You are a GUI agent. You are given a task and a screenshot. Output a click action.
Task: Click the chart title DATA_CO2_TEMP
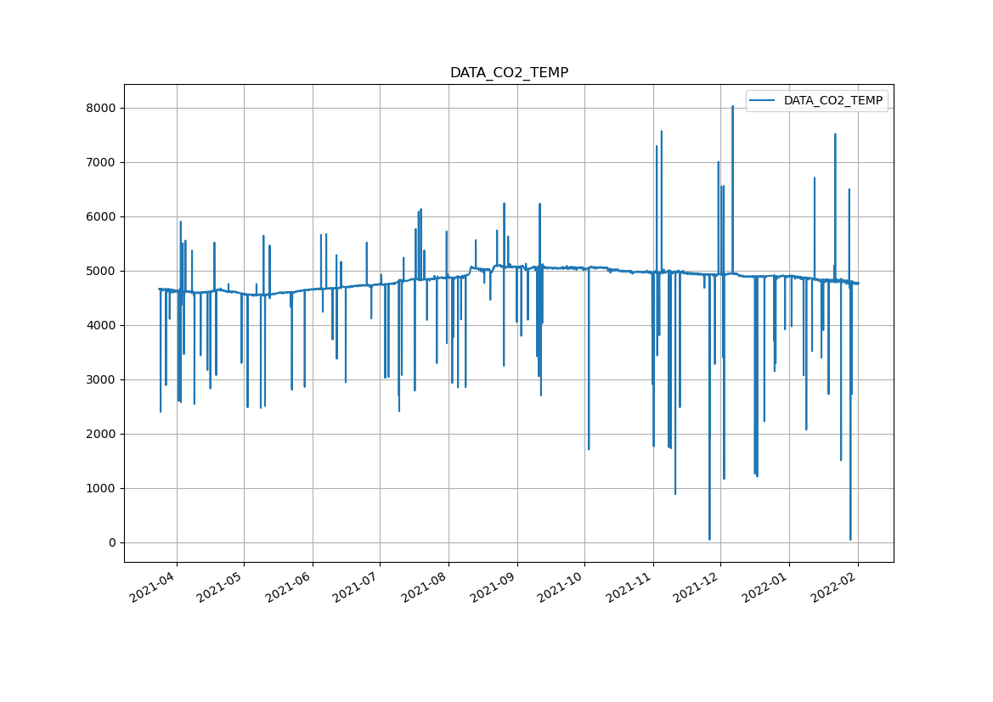(x=509, y=73)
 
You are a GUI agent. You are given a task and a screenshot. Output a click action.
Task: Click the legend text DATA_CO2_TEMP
(x=832, y=101)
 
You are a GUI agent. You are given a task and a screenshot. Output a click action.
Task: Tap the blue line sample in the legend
(x=763, y=101)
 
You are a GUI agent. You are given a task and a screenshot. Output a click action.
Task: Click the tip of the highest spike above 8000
(x=732, y=106)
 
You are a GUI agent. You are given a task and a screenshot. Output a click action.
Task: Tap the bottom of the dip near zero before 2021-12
(x=709, y=539)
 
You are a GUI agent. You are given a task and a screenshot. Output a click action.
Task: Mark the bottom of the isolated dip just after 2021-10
(x=589, y=449)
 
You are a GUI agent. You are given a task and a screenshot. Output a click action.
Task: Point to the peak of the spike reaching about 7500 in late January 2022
(x=835, y=134)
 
